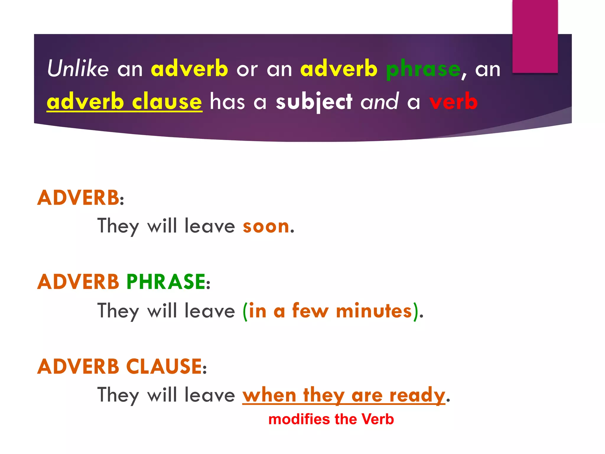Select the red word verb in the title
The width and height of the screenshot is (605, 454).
453,101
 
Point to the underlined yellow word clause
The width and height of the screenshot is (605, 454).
167,101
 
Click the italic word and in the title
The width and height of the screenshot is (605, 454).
380,101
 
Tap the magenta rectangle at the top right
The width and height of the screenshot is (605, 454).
535,36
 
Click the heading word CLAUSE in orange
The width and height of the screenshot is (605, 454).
164,367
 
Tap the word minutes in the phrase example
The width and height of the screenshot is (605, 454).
374,311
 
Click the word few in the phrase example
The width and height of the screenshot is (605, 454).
310,311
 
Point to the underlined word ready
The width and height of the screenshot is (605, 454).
417,395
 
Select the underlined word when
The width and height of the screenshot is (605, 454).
269,395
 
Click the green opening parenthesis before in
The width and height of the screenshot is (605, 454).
245,312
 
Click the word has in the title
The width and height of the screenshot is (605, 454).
227,101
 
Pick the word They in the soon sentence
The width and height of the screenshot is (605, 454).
118,227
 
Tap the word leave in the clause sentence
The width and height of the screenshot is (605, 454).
210,395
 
